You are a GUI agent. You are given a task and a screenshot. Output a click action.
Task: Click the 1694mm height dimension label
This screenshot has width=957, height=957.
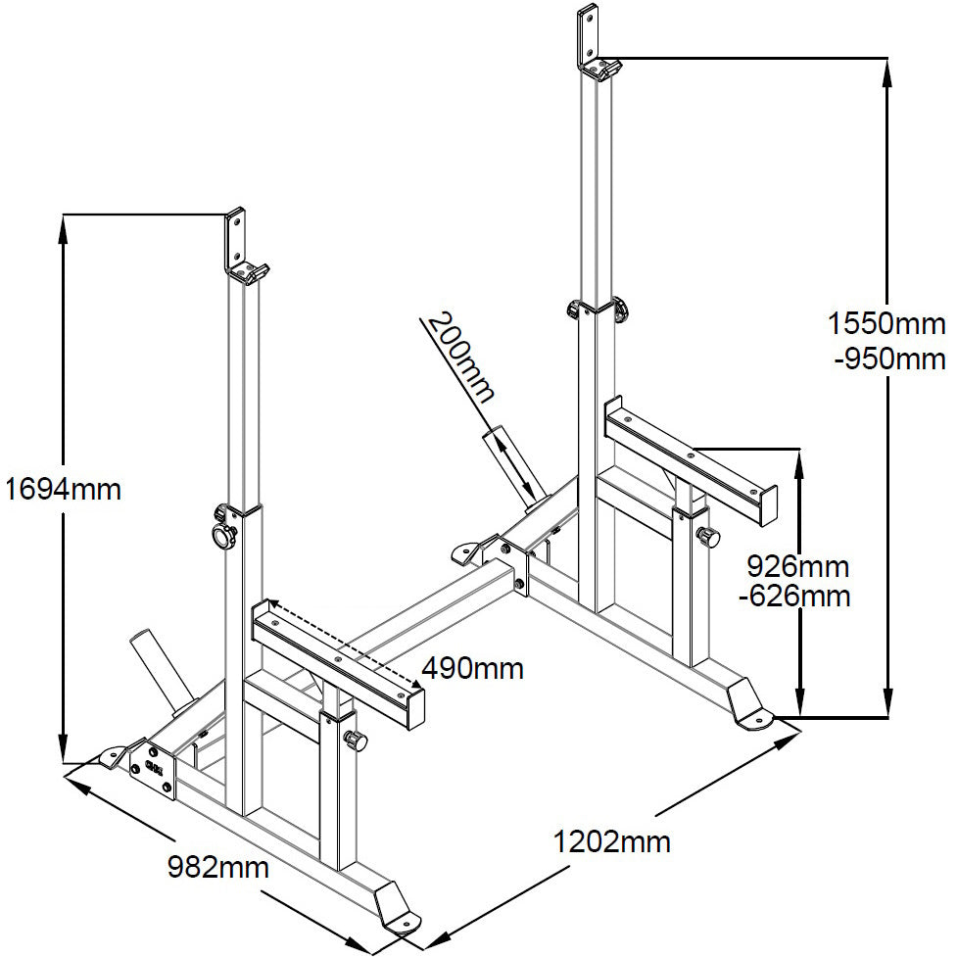point(64,490)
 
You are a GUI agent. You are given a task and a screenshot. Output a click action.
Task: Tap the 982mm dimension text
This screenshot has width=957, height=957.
point(217,867)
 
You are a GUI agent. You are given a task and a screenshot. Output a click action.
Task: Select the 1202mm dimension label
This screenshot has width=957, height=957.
point(611,842)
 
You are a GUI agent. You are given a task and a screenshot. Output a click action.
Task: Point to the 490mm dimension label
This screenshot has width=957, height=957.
point(473,669)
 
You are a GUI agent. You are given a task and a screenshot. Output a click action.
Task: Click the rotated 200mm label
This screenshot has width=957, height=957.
point(459,358)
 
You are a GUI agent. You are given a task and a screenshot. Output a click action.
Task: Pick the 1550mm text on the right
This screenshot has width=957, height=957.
point(886,323)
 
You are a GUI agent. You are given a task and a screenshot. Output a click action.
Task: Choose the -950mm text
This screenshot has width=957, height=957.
point(889,360)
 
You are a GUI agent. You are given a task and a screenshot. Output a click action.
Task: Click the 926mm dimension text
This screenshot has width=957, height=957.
point(798,567)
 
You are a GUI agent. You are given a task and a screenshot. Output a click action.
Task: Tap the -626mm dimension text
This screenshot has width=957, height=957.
point(794,597)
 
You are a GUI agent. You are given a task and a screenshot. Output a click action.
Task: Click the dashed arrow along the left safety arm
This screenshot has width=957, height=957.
point(344,642)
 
